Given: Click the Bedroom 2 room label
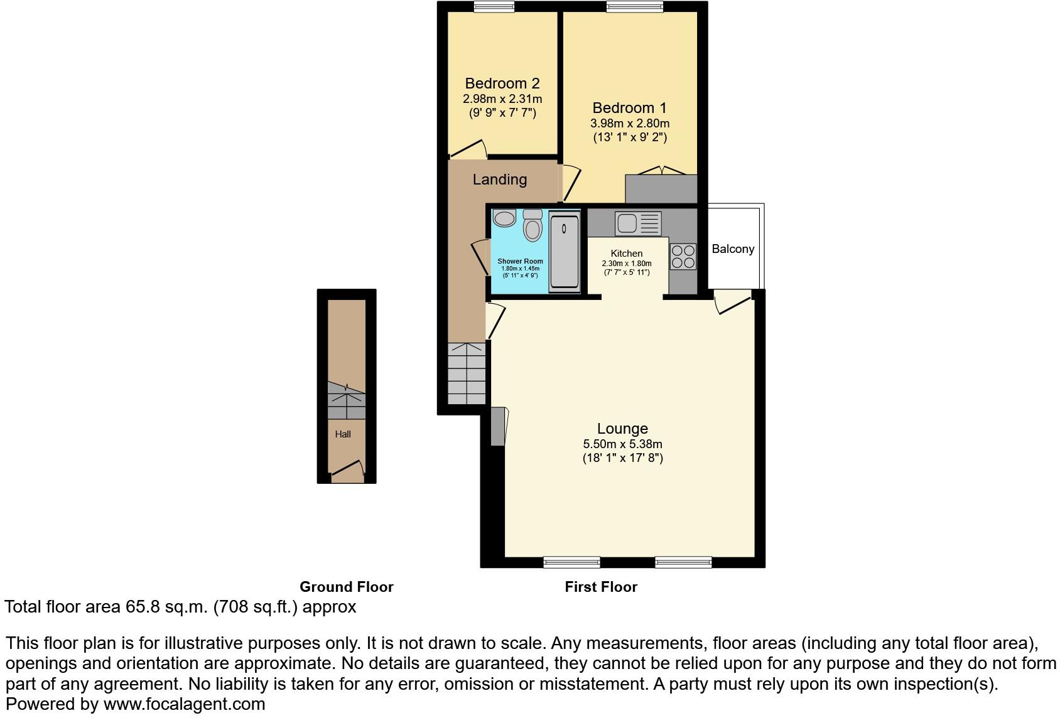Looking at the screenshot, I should coord(502,83).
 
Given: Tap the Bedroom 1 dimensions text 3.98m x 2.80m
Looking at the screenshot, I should coord(630,124).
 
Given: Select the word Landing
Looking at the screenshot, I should coord(499,179).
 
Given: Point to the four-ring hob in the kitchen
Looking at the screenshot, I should coord(683,256).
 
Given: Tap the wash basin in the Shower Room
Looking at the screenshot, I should coord(504,218).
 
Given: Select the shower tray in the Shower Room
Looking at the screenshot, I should coord(564,251).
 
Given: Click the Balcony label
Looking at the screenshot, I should coord(733,249).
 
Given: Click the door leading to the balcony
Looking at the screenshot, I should coord(732,301).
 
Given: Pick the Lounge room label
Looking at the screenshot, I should coord(622,429).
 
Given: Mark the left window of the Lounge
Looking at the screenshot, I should coord(571,562).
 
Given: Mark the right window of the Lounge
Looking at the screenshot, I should coord(683,562).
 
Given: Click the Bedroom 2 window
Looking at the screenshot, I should coord(494,7).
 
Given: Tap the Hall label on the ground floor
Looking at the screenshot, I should coord(343,434).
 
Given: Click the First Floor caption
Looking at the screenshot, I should coord(601,587).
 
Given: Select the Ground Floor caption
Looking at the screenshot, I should coord(346,587).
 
